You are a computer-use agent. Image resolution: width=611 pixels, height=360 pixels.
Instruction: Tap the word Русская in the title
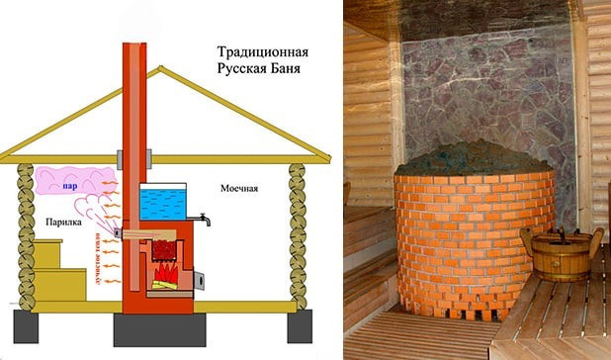coord(244,70)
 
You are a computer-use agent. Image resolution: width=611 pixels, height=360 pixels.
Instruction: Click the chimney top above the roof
coord(135,49)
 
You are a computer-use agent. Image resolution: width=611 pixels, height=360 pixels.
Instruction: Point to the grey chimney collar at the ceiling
coord(135,156)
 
